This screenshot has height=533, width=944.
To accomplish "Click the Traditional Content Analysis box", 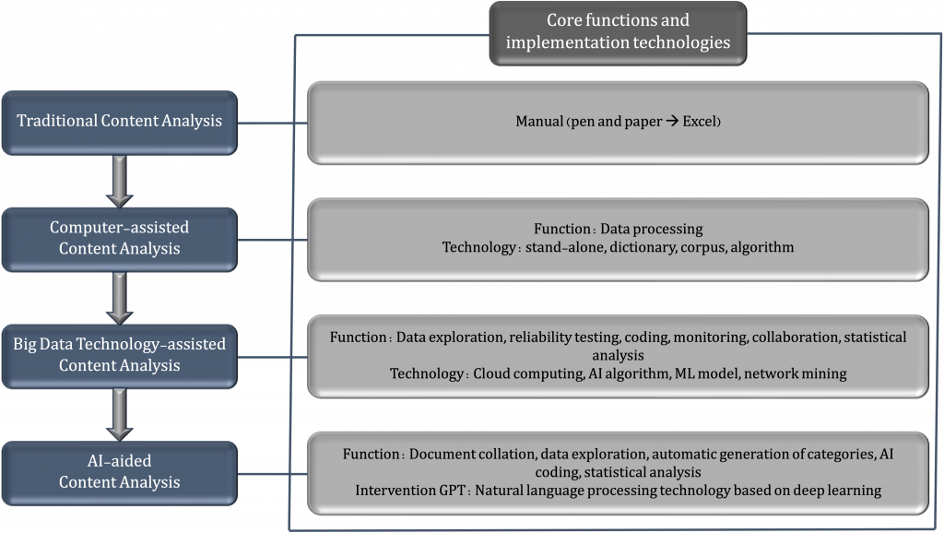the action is [119, 123].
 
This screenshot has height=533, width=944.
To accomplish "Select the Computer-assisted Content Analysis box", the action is [119, 239].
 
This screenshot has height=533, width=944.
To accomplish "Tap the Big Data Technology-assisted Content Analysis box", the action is [119, 356].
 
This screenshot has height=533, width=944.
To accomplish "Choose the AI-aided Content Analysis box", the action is [119, 473].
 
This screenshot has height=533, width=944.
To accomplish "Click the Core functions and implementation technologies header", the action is [618, 33].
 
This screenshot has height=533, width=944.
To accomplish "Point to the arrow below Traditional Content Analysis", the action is [119, 182].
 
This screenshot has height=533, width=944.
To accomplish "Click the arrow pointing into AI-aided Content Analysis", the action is [119, 415].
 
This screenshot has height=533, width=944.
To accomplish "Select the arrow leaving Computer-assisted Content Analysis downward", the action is [119, 298].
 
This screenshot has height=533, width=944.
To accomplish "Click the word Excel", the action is [699, 121].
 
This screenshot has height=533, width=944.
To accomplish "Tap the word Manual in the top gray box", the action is [539, 121].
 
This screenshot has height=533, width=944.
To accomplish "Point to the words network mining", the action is [796, 374].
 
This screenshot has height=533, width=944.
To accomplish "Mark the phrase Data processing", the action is [652, 230].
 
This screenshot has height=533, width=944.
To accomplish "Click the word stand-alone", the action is [565, 247].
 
